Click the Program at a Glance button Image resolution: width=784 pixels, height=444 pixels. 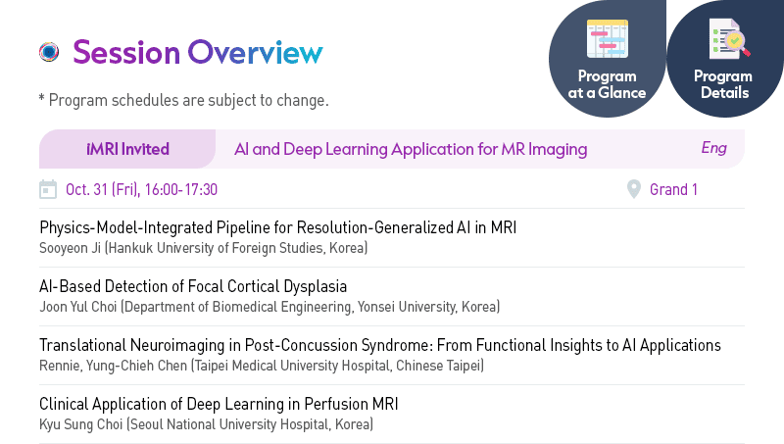[607, 59]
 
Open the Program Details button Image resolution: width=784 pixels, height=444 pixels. [725, 59]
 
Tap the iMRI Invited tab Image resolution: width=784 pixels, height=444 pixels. [127, 149]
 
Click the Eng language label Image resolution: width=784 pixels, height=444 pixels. [714, 148]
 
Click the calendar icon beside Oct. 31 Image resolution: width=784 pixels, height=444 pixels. [48, 189]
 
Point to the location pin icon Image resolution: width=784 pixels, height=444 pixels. [633, 189]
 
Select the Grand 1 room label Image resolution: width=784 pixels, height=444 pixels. [673, 189]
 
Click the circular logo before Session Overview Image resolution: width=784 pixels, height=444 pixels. [49, 52]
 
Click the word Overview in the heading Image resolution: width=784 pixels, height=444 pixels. [256, 52]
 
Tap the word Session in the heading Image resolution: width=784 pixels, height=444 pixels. [126, 52]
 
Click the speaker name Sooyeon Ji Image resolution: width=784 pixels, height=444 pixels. [70, 248]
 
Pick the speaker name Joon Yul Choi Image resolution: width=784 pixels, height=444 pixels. [78, 307]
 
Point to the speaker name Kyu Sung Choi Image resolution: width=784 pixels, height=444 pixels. [81, 424]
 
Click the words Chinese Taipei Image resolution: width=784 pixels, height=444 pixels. [438, 366]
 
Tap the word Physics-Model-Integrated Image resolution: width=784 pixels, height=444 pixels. [126, 227]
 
